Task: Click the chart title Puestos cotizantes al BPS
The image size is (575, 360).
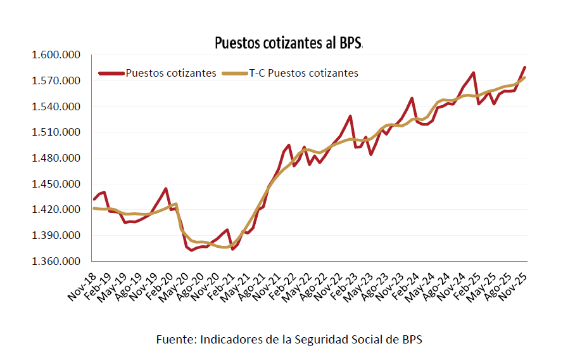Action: click(x=287, y=42)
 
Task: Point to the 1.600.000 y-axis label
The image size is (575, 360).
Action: click(x=56, y=55)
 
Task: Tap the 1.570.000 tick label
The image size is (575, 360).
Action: click(x=56, y=81)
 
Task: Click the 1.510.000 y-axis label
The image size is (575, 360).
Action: click(x=56, y=132)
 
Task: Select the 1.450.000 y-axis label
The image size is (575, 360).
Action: click(x=56, y=184)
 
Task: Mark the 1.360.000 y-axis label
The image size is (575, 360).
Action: click(x=56, y=261)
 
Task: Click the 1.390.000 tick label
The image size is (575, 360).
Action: click(x=56, y=236)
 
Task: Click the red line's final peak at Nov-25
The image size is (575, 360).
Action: click(x=525, y=67)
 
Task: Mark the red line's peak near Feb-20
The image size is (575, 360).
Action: click(x=166, y=188)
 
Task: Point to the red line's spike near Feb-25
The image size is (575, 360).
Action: click(x=474, y=73)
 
